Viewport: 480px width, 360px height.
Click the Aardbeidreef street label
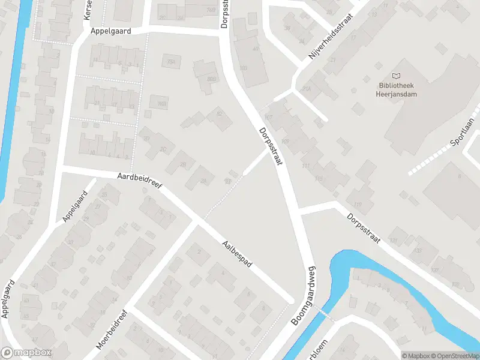coord(140,181)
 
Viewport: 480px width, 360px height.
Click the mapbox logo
coord(26,353)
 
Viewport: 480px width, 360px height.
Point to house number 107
coord(268,116)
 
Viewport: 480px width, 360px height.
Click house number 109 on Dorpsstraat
coord(284,142)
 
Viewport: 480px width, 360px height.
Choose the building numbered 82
coord(220,114)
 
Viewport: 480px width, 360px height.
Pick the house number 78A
coord(172,62)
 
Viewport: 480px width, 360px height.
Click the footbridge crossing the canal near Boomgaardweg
coord(325,314)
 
